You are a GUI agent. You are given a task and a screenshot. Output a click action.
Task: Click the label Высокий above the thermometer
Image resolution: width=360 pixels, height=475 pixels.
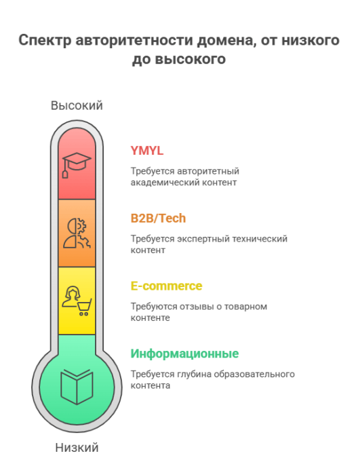(77, 105)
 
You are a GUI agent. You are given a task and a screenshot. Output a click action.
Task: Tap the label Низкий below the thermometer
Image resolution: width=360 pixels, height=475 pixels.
(77, 447)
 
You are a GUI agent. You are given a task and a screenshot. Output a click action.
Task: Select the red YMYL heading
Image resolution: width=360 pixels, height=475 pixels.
(147, 151)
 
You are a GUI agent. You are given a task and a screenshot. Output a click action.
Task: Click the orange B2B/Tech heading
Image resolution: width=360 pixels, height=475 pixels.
(158, 218)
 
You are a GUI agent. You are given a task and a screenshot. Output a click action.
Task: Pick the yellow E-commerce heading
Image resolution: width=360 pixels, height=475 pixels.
(166, 286)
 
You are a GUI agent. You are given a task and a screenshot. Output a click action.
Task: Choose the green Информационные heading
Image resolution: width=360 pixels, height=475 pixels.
(184, 354)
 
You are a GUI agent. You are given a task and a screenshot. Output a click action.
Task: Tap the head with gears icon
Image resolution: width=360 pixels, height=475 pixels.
(77, 233)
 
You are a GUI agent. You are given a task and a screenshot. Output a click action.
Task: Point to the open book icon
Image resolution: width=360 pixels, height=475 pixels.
(77, 387)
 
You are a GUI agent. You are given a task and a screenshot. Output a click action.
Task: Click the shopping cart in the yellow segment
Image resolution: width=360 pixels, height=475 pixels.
(84, 307)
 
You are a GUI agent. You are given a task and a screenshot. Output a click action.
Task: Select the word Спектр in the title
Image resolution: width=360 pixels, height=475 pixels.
(45, 41)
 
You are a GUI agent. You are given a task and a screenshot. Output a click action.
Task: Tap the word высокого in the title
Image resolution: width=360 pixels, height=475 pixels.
(191, 59)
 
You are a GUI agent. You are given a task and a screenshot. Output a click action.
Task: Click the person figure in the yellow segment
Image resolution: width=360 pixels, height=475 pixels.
(71, 297)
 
